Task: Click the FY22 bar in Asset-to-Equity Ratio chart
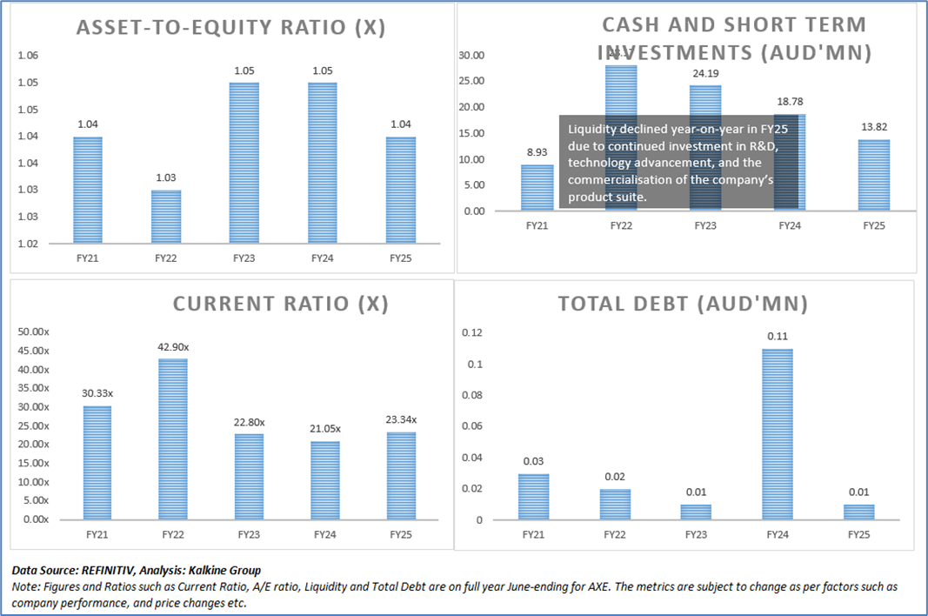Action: pos(167,217)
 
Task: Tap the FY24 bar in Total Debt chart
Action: pos(777,434)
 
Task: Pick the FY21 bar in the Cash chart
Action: pos(537,187)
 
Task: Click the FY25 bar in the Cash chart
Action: pos(873,175)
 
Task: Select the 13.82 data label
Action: pos(873,127)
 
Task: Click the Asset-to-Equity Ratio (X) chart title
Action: pos(230,28)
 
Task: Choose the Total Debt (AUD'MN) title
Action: pos(683,305)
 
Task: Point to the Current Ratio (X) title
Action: pos(280,304)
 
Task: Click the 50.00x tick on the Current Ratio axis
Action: pos(35,332)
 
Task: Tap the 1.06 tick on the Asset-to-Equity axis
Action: pos(28,56)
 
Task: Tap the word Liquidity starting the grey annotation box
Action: pos(591,129)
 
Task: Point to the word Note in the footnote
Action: pos(25,587)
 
